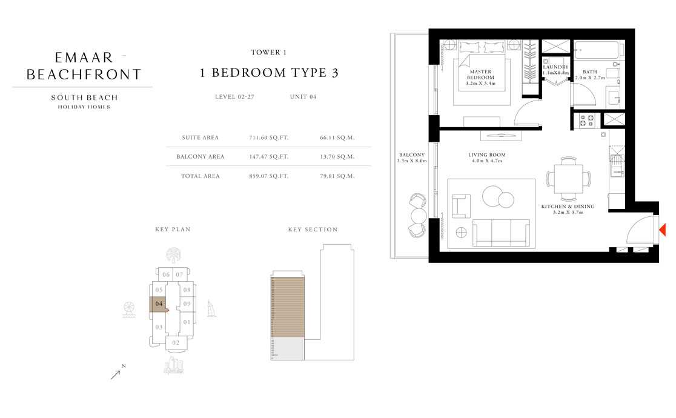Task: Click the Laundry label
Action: click(x=555, y=67)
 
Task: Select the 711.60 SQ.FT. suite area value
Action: click(x=269, y=138)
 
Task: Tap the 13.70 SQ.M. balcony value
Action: click(x=337, y=157)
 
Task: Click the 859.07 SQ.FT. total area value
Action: click(x=269, y=176)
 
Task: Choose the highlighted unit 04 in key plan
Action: click(x=159, y=304)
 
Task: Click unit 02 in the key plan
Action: click(x=176, y=343)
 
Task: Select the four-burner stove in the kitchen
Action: click(x=586, y=120)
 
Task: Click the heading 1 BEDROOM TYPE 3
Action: click(x=269, y=73)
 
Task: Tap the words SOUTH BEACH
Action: click(x=84, y=98)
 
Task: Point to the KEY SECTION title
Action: click(x=313, y=230)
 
